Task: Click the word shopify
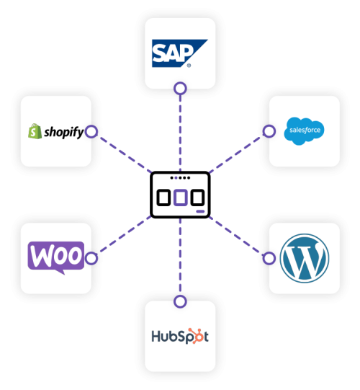coord(63,133)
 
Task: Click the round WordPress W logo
coord(305,257)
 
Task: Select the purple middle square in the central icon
coord(180,197)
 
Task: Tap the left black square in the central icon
coord(163,197)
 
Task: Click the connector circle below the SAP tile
coord(180,89)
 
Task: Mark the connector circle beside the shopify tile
coord(91,132)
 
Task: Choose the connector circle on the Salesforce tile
coord(269,131)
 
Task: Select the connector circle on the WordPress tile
coord(269,257)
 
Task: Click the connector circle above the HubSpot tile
coord(180,301)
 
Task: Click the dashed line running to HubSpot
coord(180,260)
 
